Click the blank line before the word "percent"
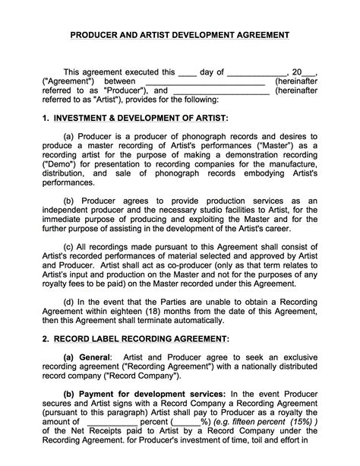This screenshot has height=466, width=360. point(112,421)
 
